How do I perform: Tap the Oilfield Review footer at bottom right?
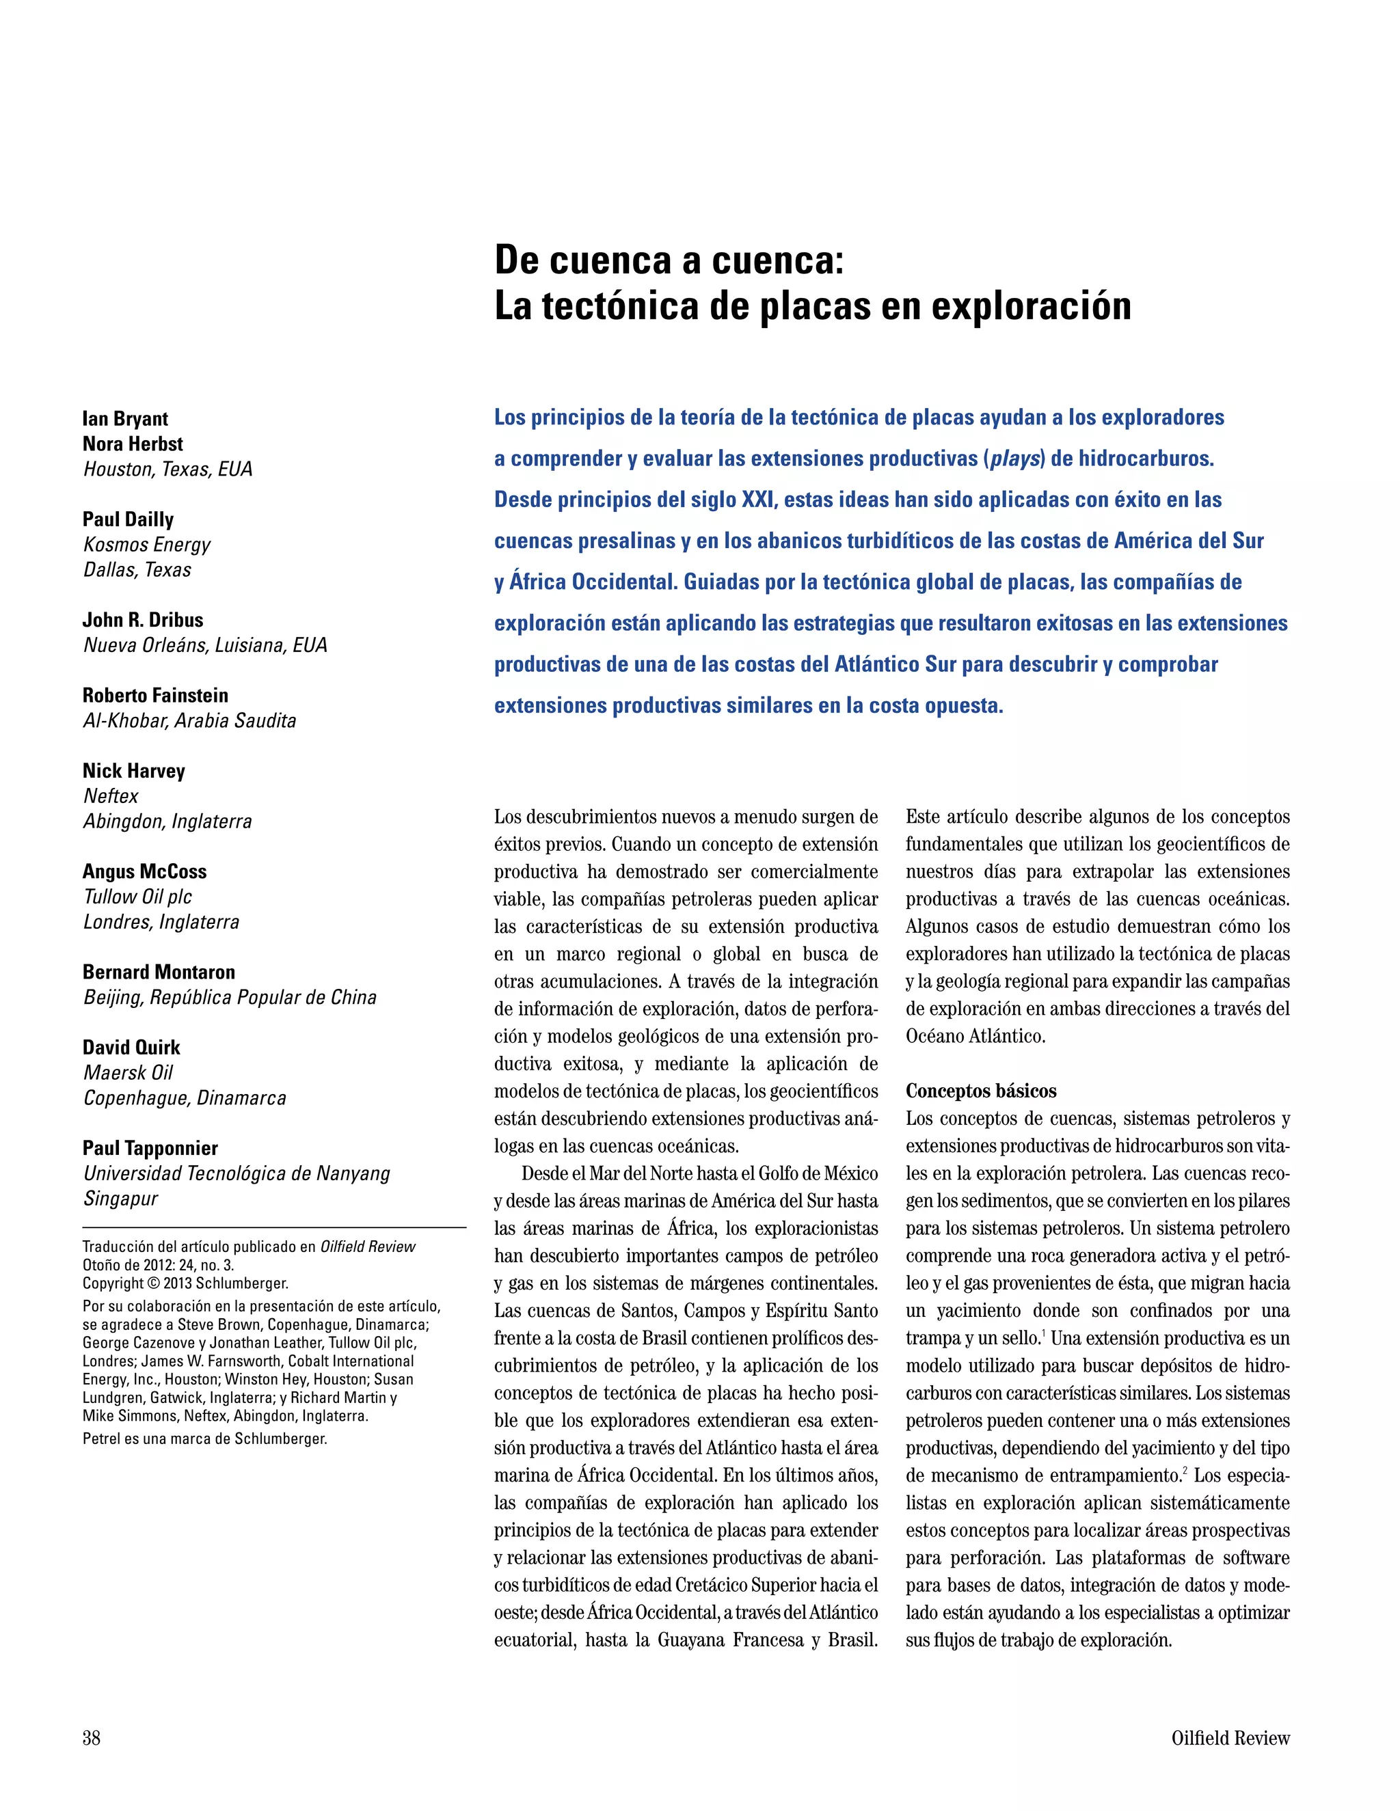pos(1230,1737)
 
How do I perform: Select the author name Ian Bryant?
pos(125,419)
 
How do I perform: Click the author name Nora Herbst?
pos(133,444)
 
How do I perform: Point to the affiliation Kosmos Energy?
pos(147,545)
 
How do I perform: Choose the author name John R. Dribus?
pos(143,621)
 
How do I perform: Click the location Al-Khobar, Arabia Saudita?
pos(189,720)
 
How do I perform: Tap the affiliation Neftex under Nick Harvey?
pos(111,796)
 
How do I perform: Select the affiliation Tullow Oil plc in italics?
pos(137,897)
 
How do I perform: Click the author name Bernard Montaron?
pos(159,972)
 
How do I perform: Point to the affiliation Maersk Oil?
pos(129,1072)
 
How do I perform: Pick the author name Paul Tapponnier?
pos(150,1149)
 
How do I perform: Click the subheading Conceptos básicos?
pos(980,1091)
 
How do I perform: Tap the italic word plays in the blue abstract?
pos(1015,459)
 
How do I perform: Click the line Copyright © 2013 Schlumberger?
pos(186,1283)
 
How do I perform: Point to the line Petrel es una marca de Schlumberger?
pos(205,1439)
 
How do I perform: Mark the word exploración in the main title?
pos(1031,306)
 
